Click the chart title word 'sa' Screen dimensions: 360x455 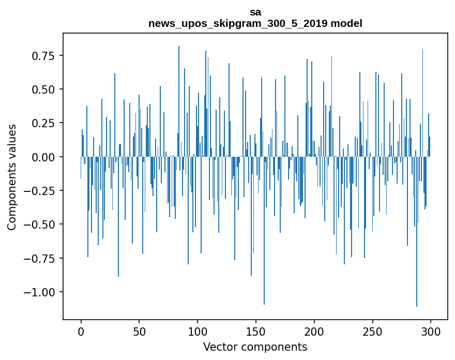click(x=255, y=12)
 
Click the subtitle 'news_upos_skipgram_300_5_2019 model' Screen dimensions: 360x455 click(x=255, y=24)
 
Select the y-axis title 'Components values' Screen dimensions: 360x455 click(x=11, y=177)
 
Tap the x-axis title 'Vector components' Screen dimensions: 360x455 click(x=255, y=347)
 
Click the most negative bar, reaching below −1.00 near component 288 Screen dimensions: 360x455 click(x=417, y=259)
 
